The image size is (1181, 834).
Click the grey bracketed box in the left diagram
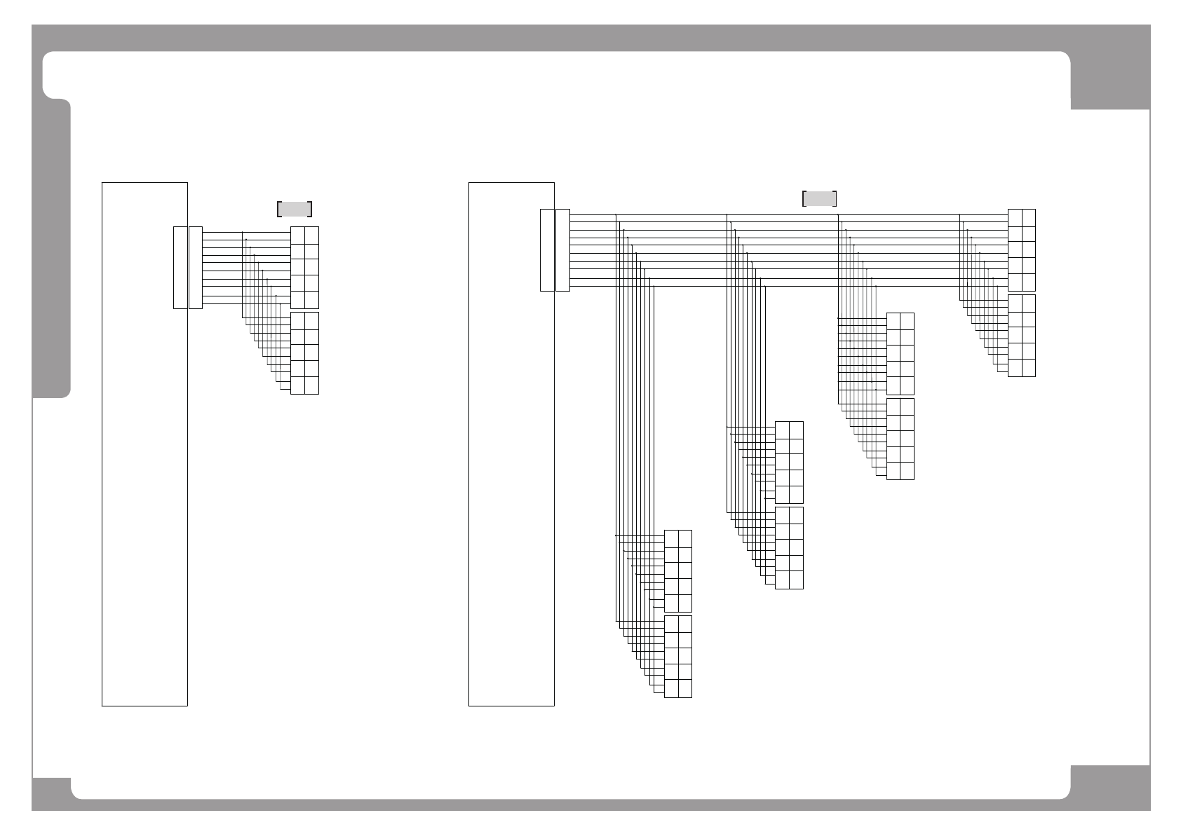[295, 209]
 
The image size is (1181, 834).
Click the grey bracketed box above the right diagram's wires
[819, 198]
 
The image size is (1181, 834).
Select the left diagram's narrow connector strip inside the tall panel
[180, 267]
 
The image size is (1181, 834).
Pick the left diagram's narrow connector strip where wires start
[196, 267]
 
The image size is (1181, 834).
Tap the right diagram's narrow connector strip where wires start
[562, 249]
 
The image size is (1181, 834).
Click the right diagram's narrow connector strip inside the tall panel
[547, 249]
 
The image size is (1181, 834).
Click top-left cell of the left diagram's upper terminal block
[297, 235]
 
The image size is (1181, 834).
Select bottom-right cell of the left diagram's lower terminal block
[312, 385]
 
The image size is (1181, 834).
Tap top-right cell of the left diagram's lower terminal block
[312, 320]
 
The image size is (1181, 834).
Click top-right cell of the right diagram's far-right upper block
[1029, 217]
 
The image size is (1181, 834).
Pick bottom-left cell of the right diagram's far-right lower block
[1015, 368]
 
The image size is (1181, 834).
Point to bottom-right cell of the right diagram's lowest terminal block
[685, 689]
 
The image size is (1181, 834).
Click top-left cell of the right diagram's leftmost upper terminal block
[671, 538]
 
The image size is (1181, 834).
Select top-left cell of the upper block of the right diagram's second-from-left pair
[782, 430]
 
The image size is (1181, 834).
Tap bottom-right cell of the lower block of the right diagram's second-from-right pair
[907, 471]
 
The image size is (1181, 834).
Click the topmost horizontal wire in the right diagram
[785, 214]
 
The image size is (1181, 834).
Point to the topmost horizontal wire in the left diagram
[245, 231]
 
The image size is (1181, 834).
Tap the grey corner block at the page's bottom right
[1110, 788]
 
